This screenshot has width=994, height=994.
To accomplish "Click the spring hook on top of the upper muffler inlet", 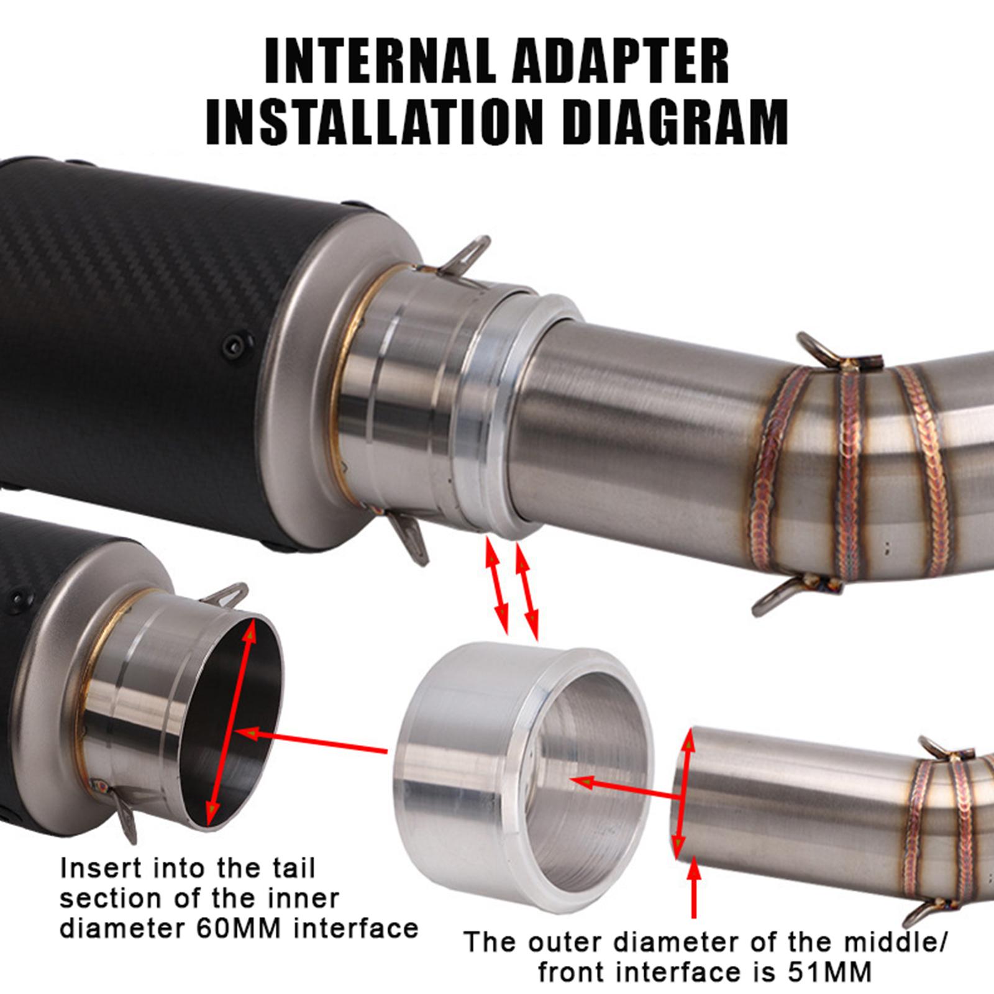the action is point(464,255).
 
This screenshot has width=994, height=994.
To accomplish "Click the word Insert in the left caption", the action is point(101,868).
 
